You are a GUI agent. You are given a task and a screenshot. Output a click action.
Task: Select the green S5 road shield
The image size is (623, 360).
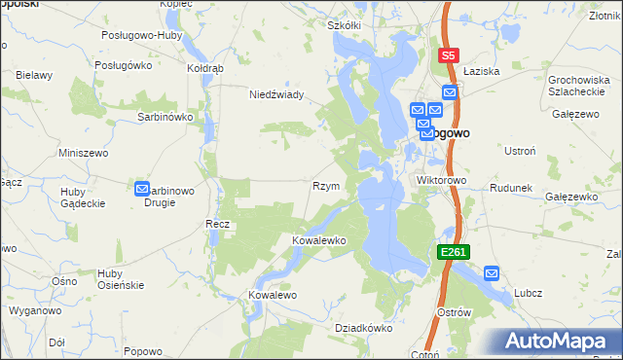coord(448,56)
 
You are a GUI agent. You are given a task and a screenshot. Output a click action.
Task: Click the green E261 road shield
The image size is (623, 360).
coord(454,252)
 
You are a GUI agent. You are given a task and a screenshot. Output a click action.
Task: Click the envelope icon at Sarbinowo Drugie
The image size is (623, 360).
coord(142,191)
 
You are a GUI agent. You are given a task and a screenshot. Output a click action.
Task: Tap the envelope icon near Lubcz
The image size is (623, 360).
coord(491,274)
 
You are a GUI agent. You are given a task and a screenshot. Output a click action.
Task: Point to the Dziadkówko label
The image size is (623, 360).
coord(363,328)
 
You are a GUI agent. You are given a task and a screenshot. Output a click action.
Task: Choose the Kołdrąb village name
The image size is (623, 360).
coord(205,69)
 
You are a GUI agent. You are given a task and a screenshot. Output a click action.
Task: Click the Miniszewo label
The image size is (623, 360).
coord(83,153)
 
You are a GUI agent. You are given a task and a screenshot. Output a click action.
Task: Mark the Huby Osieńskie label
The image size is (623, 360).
coord(121,278)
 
